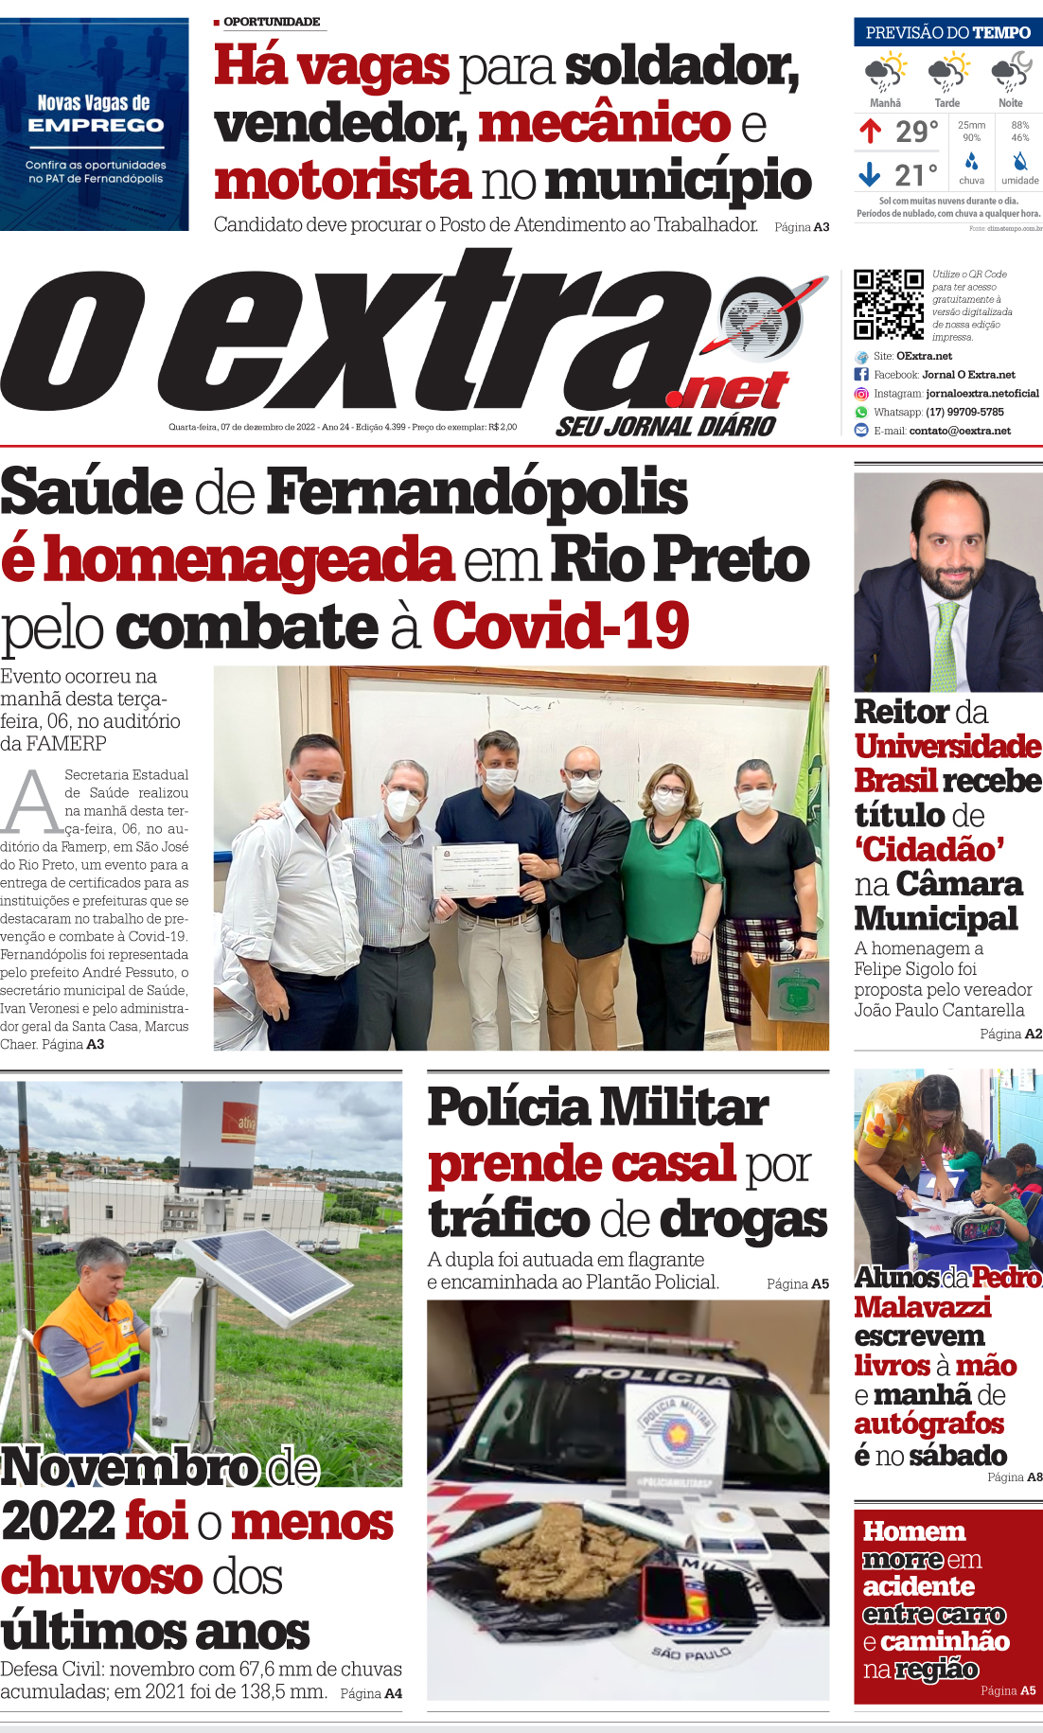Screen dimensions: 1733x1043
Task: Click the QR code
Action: coord(888,304)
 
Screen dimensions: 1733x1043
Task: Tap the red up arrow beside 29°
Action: coord(870,131)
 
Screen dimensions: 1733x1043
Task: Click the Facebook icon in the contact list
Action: coord(861,375)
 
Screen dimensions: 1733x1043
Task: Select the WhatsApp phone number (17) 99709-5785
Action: coord(964,412)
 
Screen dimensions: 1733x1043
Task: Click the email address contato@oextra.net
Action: coord(960,431)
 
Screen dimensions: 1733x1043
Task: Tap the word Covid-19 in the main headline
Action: coord(560,627)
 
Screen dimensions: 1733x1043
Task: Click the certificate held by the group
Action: coord(477,868)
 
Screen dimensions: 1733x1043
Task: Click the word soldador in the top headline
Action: coord(681,66)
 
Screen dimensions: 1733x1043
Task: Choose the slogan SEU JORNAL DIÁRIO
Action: coord(665,427)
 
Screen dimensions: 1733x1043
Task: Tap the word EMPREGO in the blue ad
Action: coord(96,125)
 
